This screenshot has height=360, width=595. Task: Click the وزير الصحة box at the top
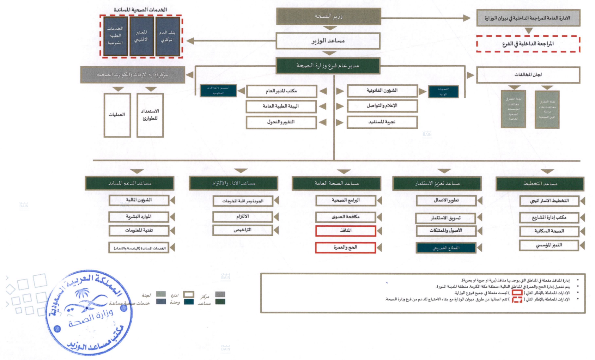[328, 16]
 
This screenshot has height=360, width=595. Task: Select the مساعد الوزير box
[328, 41]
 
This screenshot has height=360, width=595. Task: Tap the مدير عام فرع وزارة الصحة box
[328, 66]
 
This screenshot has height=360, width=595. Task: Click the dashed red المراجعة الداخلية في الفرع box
[528, 44]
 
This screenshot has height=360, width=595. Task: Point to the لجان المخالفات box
[528, 75]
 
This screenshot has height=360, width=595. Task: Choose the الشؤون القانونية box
[382, 91]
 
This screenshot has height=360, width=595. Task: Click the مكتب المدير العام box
[281, 91]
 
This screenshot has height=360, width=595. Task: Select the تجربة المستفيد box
[382, 122]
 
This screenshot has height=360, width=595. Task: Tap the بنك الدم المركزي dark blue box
[167, 36]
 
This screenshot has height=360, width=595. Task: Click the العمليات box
[117, 115]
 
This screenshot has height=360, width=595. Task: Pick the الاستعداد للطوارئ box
[150, 115]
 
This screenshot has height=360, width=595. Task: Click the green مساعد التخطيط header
[540, 184]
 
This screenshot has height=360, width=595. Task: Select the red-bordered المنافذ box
[346, 231]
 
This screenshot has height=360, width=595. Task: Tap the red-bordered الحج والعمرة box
[346, 248]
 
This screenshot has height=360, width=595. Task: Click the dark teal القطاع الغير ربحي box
[446, 248]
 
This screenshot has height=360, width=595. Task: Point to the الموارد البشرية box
[139, 216]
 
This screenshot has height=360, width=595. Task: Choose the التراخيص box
[243, 230]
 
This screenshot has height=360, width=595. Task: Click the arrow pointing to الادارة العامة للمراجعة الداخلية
[466, 18]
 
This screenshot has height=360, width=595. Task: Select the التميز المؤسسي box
[549, 245]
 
